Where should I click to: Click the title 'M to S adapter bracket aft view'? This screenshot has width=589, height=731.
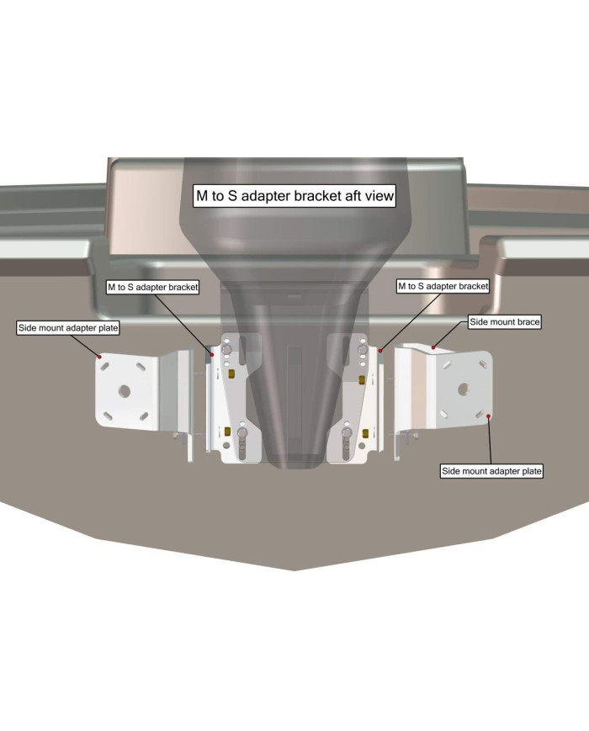pyautogui.click(x=294, y=195)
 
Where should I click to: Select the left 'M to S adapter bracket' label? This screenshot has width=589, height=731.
pyautogui.click(x=152, y=287)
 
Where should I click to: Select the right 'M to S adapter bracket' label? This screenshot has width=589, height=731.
pyautogui.click(x=443, y=286)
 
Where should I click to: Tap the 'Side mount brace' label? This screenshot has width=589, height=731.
pyautogui.click(x=504, y=321)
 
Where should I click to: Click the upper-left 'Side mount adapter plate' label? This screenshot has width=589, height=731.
pyautogui.click(x=68, y=327)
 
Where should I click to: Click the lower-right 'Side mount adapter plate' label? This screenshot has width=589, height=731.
pyautogui.click(x=492, y=471)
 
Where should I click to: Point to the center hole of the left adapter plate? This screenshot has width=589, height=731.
pyautogui.click(x=125, y=390)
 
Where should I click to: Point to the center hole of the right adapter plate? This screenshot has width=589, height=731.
pyautogui.click(x=462, y=388)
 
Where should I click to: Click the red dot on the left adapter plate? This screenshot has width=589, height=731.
pyautogui.click(x=100, y=357)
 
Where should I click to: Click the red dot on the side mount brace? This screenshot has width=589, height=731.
pyautogui.click(x=433, y=347)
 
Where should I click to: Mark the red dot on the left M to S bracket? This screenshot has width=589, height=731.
pyautogui.click(x=212, y=355)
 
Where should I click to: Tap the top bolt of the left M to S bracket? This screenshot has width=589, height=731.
pyautogui.click(x=226, y=347)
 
